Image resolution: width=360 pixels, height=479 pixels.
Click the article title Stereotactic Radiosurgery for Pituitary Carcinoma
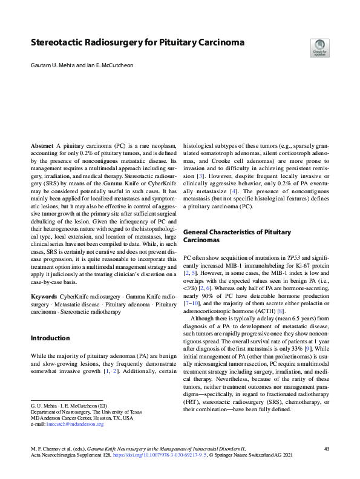coord(137,43)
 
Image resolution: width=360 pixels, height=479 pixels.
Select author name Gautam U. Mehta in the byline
coord(54,64)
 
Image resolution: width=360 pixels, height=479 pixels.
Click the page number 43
coord(326,449)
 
